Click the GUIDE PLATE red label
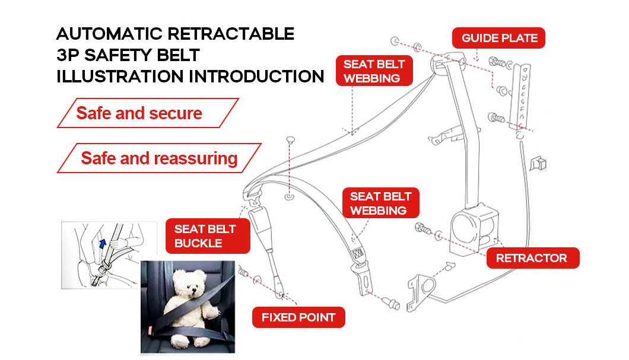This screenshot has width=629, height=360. (498, 38)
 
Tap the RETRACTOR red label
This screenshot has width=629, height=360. (533, 258)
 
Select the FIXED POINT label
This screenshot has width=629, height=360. (298, 317)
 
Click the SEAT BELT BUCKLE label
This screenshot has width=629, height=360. (208, 236)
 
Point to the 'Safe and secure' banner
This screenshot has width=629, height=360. (148, 113)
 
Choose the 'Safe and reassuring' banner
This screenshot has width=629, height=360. (159, 158)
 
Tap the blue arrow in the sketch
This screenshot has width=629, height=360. (103, 243)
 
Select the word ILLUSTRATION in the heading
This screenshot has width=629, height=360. (119, 76)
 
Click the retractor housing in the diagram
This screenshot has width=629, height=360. (474, 230)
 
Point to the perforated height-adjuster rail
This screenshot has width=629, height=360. (520, 96)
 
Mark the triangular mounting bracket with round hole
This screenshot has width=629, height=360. (421, 291)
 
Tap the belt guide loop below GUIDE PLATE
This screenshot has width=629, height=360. (447, 63)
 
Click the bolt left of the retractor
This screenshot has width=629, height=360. (422, 228)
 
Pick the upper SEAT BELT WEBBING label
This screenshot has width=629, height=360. (374, 71)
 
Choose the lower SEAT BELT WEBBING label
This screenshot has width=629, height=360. (381, 203)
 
